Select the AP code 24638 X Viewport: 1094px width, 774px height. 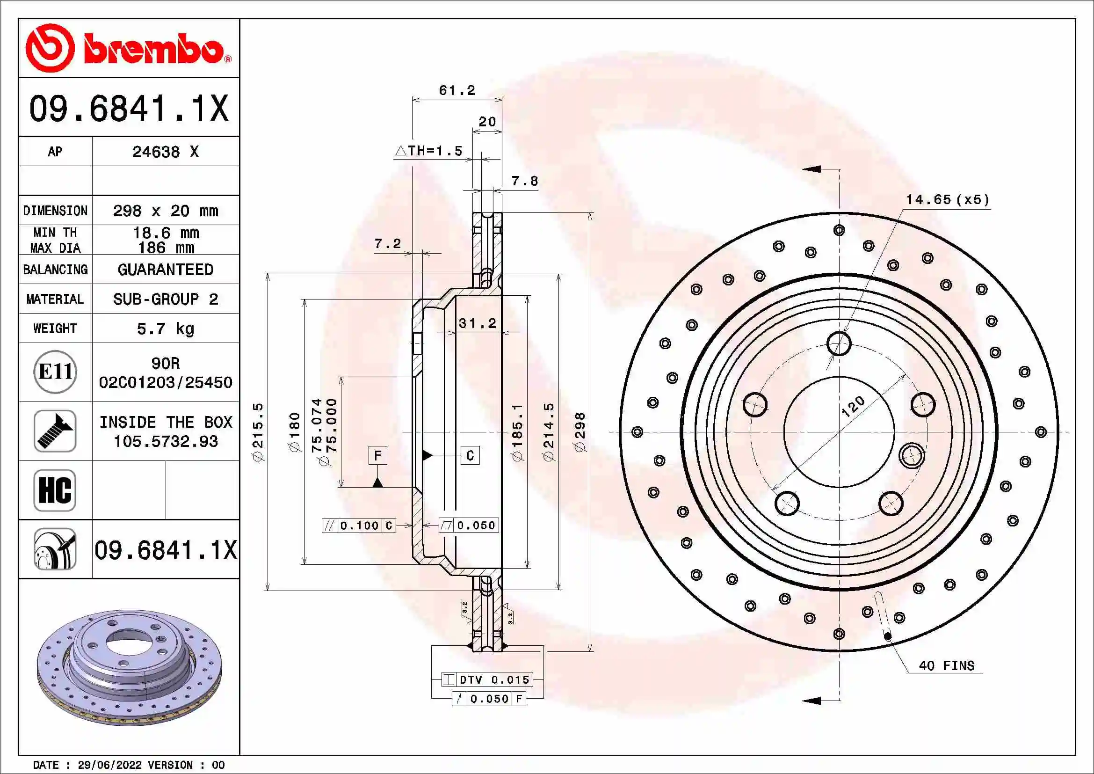point(165,152)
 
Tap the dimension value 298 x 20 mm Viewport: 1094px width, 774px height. point(165,211)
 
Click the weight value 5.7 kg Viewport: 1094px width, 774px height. point(165,329)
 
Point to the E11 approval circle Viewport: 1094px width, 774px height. point(55,372)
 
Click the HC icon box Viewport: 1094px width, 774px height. point(55,490)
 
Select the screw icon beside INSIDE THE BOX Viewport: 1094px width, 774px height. point(55,431)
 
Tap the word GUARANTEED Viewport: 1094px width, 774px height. point(165,270)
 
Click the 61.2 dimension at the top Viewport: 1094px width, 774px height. point(457,90)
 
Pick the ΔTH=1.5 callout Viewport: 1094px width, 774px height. point(429,151)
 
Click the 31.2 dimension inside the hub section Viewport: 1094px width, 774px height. point(477,323)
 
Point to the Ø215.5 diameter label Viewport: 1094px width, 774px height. point(258,432)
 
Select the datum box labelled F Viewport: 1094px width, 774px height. point(377,456)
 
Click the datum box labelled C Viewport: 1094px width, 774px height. point(470,456)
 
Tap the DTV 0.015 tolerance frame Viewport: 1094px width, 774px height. point(487,679)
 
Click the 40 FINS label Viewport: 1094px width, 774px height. point(946,666)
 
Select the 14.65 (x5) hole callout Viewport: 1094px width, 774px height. point(947,199)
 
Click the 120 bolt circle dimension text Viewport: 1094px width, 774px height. point(853,407)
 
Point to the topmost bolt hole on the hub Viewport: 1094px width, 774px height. point(839,343)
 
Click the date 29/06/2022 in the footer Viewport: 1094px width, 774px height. point(109,765)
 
